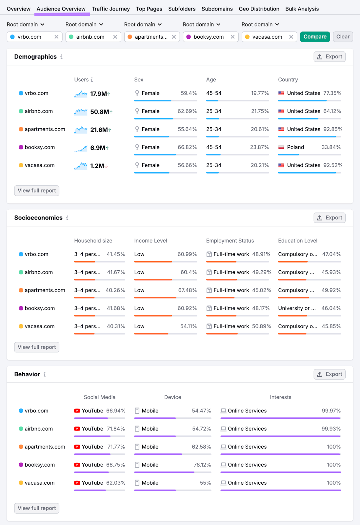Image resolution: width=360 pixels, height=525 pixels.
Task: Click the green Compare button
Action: tap(315, 37)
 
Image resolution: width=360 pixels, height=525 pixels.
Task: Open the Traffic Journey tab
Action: tap(110, 9)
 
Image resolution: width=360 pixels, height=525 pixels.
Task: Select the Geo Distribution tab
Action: tap(259, 9)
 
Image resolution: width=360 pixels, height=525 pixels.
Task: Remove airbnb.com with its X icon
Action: tap(115, 37)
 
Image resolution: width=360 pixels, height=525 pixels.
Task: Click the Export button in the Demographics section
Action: tap(329, 57)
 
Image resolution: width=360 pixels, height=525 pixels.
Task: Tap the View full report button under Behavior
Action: tap(37, 508)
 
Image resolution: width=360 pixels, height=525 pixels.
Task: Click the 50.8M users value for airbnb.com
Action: tap(99, 112)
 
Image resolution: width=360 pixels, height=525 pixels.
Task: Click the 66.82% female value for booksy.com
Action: tap(187, 147)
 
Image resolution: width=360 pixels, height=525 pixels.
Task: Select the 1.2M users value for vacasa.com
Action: tap(97, 166)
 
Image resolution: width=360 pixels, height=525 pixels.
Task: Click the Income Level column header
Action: tap(150, 241)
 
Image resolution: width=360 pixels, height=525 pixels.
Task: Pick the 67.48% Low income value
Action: tap(187, 290)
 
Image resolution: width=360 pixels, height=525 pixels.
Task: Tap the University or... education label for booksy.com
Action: tap(297, 308)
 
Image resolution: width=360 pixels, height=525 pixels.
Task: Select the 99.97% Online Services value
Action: tap(331, 411)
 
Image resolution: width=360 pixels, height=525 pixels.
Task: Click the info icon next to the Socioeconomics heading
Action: tap(67, 218)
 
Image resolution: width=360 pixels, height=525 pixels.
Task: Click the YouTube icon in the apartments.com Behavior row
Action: tap(77, 447)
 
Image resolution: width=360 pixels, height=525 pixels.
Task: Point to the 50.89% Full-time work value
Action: tap(261, 326)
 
